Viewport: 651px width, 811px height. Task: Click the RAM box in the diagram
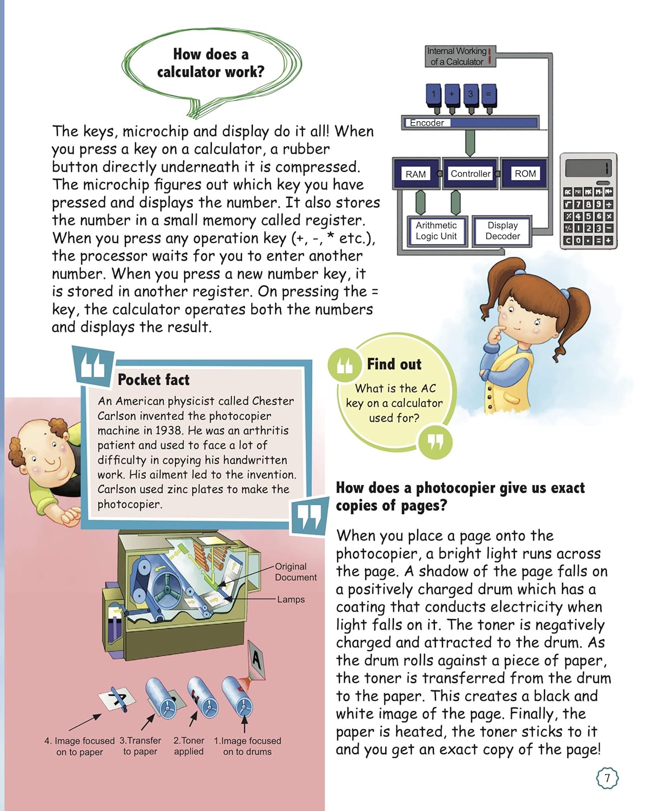coord(415,174)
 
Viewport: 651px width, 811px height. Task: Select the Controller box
coord(470,174)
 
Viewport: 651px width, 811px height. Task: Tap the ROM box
coord(525,174)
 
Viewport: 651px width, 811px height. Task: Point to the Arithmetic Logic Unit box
coord(436,231)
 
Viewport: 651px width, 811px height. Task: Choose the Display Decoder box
coord(502,231)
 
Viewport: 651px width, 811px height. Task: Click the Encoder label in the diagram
coord(427,123)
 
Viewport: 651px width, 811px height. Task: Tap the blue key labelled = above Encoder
coord(488,94)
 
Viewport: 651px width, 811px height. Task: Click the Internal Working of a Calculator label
coord(457,56)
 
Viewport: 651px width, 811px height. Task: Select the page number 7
coord(607,778)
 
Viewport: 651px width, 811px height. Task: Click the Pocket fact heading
coord(153,380)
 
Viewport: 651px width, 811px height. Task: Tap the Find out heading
coord(394,364)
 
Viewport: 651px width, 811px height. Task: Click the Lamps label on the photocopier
coord(291,600)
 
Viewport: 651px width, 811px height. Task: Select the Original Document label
coord(296,572)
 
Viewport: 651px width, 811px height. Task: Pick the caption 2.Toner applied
coord(189,746)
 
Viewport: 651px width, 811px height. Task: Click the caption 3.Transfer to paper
coord(140,746)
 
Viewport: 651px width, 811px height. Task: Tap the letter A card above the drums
coord(257,661)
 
